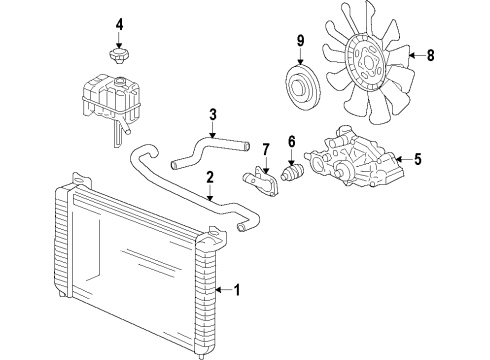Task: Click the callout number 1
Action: click(x=236, y=291)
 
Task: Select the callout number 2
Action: click(x=210, y=179)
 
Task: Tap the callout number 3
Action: click(x=212, y=114)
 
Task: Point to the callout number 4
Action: click(x=119, y=24)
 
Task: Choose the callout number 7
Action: click(x=265, y=150)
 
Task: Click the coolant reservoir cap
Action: click(x=118, y=52)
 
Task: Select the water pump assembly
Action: click(x=350, y=160)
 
